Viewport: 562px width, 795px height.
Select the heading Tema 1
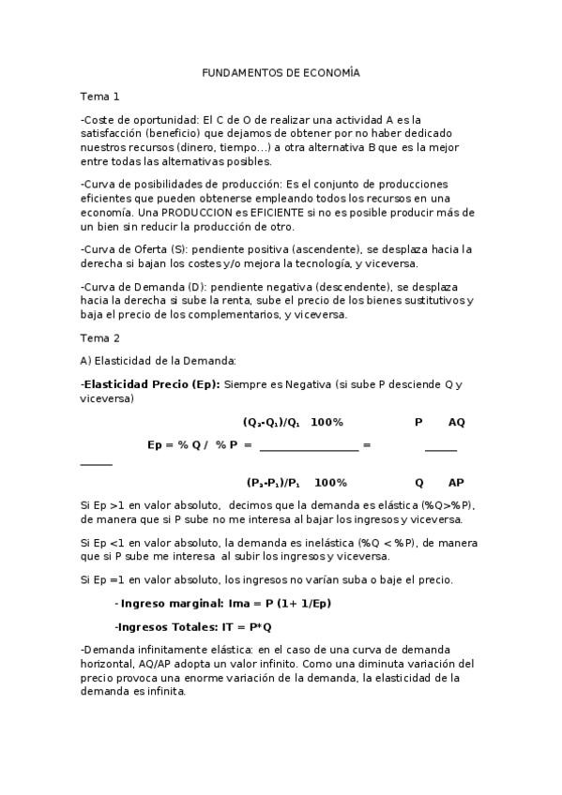pyautogui.click(x=99, y=96)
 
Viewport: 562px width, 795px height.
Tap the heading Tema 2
pyautogui.click(x=99, y=337)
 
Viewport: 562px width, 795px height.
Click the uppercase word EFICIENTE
pyautogui.click(x=281, y=213)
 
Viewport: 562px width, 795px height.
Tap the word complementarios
pyautogui.click(x=241, y=314)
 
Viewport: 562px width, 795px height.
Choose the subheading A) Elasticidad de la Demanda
pyautogui.click(x=158, y=360)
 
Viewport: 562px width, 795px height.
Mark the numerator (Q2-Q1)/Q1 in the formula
pyautogui.click(x=271, y=422)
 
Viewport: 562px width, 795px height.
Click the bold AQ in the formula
pyautogui.click(x=456, y=422)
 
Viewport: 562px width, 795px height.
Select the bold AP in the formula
pyautogui.click(x=456, y=482)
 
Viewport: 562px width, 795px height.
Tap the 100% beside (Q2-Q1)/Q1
pyautogui.click(x=327, y=422)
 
